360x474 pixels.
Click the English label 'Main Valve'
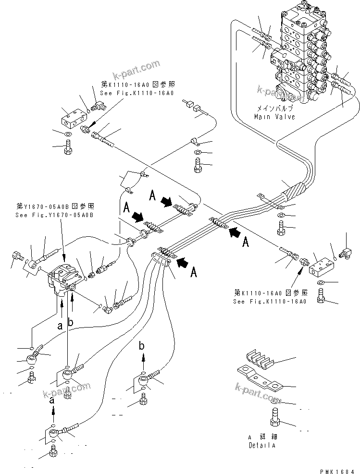tap(274, 117)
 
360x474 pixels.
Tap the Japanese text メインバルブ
tap(274, 109)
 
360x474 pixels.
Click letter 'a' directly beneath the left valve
tap(60, 326)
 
